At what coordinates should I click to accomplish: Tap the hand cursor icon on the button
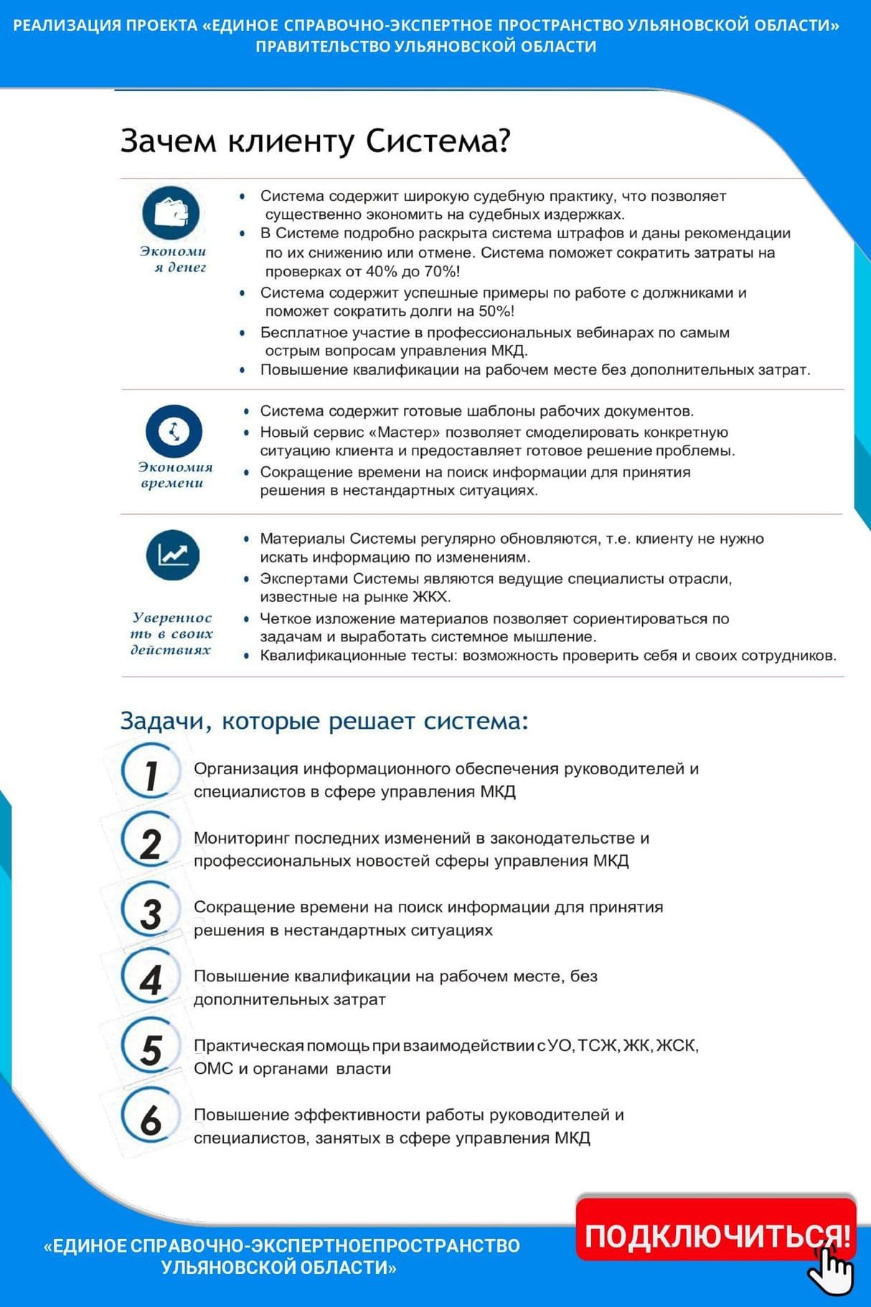[832, 1270]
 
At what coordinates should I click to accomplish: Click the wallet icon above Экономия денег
[171, 212]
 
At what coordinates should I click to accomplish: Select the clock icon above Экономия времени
[174, 431]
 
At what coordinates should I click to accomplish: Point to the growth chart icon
[173, 555]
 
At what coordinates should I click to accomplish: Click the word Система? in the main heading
[438, 141]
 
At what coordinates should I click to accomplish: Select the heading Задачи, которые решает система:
[324, 720]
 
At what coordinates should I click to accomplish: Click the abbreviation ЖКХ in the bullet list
[431, 597]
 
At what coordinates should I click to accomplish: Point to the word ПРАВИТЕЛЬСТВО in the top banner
[323, 47]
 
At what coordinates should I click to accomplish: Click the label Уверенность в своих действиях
[172, 633]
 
